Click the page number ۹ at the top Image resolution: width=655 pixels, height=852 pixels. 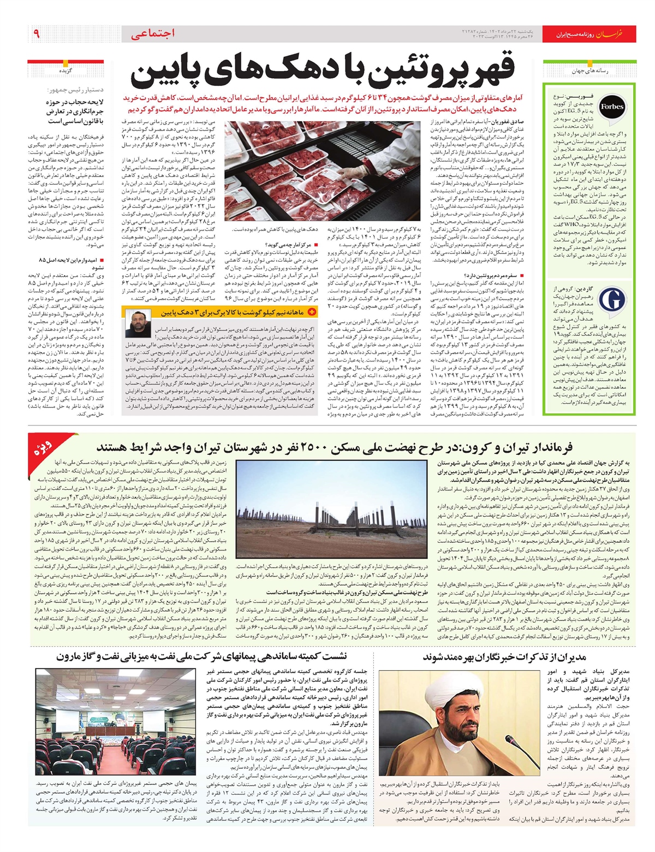(x=37, y=34)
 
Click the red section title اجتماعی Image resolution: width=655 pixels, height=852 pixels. (x=153, y=34)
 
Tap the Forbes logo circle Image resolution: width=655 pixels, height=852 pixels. (x=612, y=107)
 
